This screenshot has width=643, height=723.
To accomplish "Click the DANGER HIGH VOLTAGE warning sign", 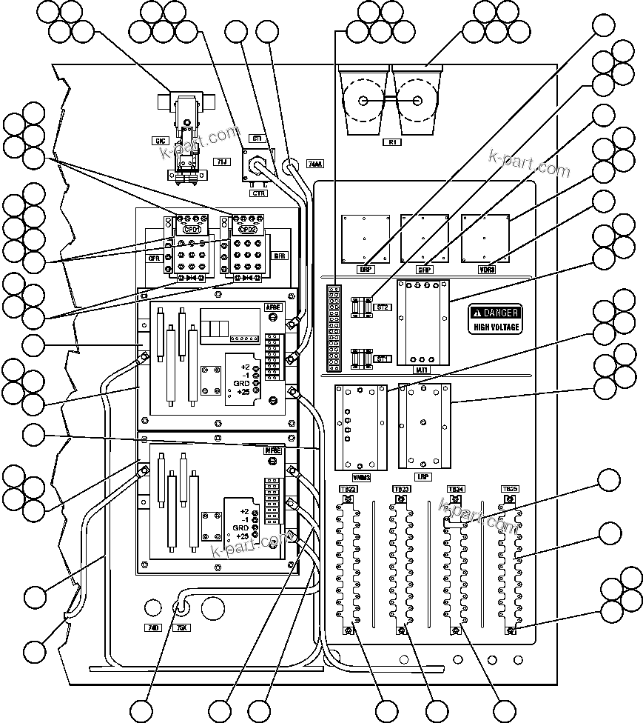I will tap(496, 319).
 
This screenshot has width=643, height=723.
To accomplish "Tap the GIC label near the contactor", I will tap(159, 140).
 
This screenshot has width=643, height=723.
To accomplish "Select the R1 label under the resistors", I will tap(391, 142).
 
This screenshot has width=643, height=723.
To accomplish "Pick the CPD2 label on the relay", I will tap(246, 229).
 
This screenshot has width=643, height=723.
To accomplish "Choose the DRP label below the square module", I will tap(366, 270).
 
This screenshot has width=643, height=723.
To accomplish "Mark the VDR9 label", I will tap(487, 270).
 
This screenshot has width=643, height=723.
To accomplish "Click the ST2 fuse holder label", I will tap(383, 306).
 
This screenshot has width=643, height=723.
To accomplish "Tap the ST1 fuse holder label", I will tap(383, 359).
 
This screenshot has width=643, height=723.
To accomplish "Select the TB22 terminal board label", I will tap(348, 489).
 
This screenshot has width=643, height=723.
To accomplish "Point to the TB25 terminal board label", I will tap(510, 489).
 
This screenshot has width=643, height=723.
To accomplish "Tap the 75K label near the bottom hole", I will tap(181, 627).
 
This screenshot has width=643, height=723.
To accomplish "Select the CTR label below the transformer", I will tap(257, 193).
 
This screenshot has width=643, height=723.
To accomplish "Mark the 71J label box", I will tap(221, 160).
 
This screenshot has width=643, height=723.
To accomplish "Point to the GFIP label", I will tap(425, 270).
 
